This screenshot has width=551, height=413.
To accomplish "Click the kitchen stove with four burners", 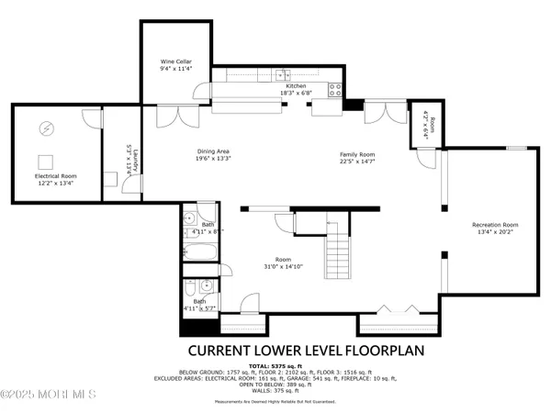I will point(337,89).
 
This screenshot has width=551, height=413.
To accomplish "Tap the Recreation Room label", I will point(495,225).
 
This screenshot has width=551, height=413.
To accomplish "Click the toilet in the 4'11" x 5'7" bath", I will point(191,286).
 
